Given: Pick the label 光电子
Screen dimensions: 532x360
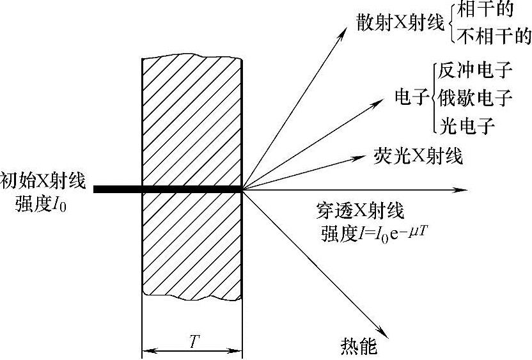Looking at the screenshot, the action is pyautogui.click(x=466, y=125).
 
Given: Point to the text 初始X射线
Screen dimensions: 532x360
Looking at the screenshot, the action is pyautogui.click(x=42, y=180).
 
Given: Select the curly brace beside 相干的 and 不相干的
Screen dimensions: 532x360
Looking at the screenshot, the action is pyautogui.click(x=452, y=24).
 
